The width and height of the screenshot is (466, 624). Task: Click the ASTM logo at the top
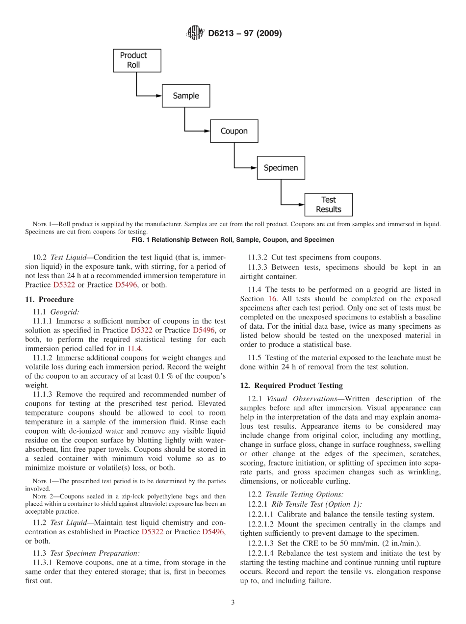coord(195,33)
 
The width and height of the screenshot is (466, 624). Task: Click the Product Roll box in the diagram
coord(133,60)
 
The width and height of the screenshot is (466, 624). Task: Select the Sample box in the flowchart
coord(186,96)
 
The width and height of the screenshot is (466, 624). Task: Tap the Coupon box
coord(234,131)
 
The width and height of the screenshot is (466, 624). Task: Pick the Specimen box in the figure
coord(281,168)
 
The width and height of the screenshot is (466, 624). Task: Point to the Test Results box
coord(328,205)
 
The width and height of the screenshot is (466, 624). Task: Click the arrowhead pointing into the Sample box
coord(158,96)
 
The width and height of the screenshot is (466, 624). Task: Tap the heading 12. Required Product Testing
coord(291,386)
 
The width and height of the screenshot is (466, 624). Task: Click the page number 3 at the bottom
coord(233,602)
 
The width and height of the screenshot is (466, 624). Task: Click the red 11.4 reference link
coord(134,348)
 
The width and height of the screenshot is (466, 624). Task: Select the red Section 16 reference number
coord(272,299)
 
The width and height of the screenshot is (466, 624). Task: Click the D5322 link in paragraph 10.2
coord(64,285)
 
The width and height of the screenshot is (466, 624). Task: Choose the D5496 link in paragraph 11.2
coord(213,532)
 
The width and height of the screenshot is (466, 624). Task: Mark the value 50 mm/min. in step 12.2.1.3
coord(347,544)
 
